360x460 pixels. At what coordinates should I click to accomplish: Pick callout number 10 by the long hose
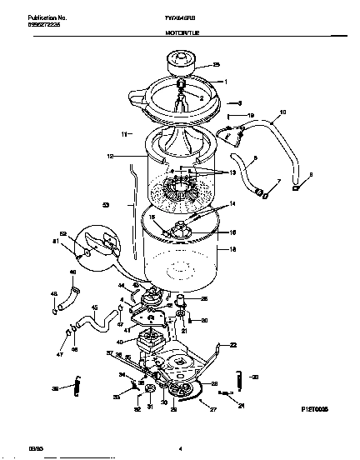tap(282, 112)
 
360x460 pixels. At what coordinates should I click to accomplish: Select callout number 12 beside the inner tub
tap(111, 156)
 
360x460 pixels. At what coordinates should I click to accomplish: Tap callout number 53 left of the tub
tap(106, 204)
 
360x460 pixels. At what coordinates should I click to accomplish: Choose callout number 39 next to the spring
tap(56, 388)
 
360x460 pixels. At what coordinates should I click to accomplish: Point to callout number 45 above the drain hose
tap(93, 307)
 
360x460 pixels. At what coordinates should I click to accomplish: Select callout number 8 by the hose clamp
tap(310, 174)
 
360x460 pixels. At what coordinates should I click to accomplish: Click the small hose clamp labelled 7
tap(261, 194)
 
